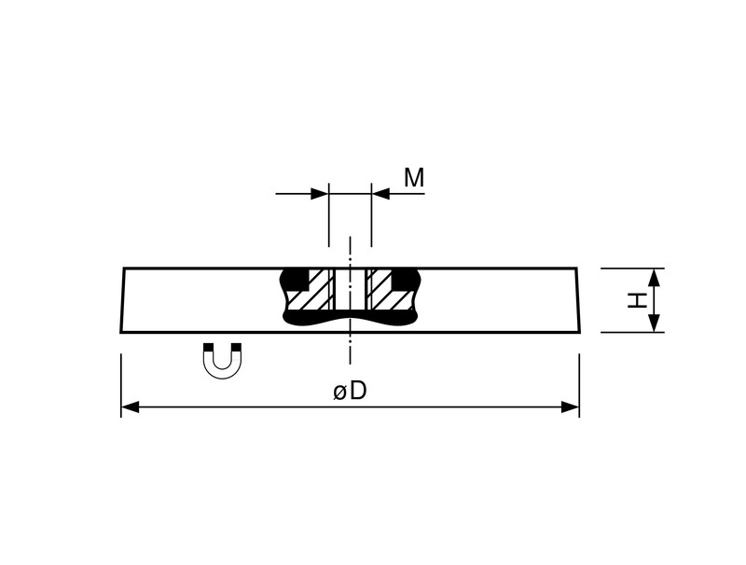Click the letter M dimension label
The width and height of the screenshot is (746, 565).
click(x=414, y=178)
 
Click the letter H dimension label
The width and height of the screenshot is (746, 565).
click(x=637, y=300)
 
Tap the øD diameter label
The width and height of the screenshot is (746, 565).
click(x=351, y=391)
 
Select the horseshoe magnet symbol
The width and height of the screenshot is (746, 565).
click(x=222, y=361)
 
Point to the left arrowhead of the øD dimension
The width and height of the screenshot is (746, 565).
click(x=130, y=407)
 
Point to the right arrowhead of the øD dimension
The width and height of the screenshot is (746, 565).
click(x=571, y=407)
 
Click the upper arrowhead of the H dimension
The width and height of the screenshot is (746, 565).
click(x=655, y=277)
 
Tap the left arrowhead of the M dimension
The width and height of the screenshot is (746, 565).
click(x=320, y=194)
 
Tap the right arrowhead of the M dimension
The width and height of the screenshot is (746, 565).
click(x=380, y=194)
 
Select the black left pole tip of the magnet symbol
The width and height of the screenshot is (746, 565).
click(x=208, y=347)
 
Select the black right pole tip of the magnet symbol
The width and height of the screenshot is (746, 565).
click(x=236, y=347)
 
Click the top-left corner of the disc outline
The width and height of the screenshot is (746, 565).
click(x=124, y=269)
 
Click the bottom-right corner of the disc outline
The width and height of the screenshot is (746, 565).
click(x=580, y=332)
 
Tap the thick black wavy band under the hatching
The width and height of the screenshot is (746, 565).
click(x=351, y=319)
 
